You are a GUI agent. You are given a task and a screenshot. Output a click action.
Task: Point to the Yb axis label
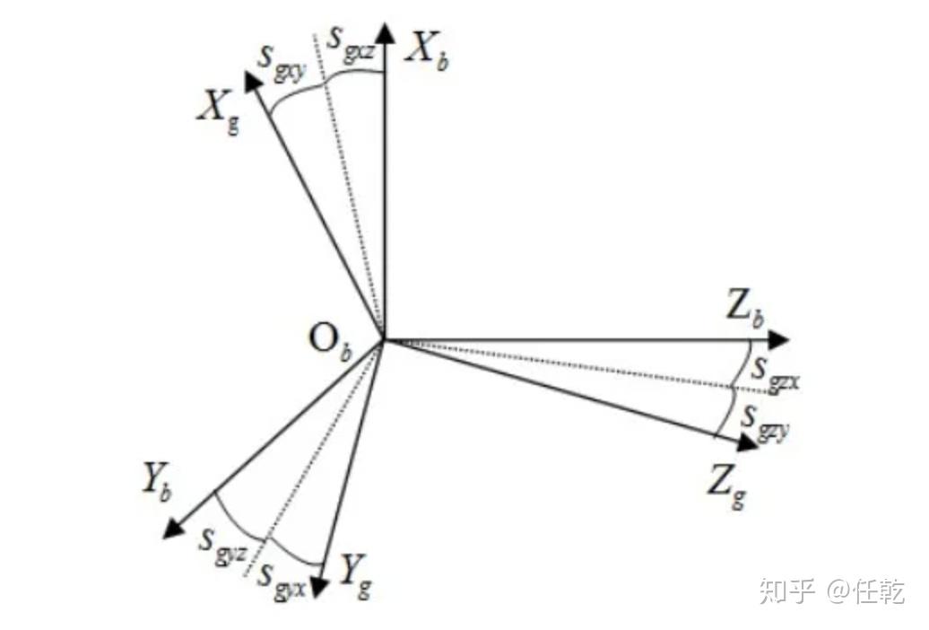pos(156,482)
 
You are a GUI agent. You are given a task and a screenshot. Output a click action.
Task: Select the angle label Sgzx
pos(774,372)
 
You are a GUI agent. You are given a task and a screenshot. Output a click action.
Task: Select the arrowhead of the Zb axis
pos(778,340)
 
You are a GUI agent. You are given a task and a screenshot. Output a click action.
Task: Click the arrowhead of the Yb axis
pos(174,529)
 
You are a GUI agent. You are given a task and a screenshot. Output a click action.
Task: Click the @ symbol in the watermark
pos(838,591)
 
